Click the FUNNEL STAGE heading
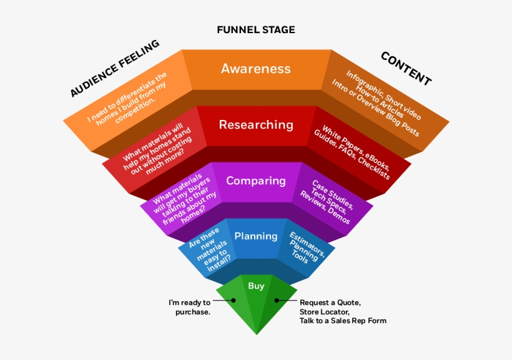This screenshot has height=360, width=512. tap(255, 29)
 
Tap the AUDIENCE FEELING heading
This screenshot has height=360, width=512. tap(114, 69)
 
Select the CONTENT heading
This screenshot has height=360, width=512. tap(406, 68)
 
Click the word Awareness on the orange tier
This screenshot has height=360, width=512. tap(255, 68)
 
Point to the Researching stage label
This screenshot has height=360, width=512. tap(255, 124)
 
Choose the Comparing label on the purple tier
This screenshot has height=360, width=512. tap(255, 181)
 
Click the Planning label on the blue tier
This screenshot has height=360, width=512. tap(255, 236)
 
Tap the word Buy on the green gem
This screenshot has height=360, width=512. tap(256, 286)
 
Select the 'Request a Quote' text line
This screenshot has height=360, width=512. tap(330, 302)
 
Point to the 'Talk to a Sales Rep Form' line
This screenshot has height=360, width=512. tap(343, 321)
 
